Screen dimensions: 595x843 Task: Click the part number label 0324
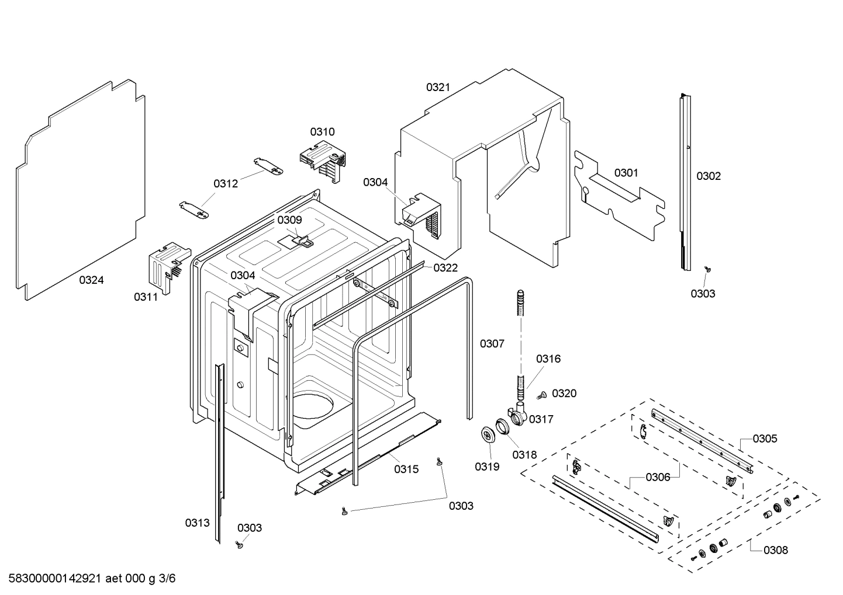click(x=91, y=280)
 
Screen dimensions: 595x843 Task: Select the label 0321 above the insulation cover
click(x=438, y=88)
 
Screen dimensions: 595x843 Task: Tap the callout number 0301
click(x=626, y=173)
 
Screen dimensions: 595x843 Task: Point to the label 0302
click(x=709, y=176)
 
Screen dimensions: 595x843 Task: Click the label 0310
click(x=322, y=132)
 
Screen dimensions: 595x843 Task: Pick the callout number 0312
click(x=226, y=184)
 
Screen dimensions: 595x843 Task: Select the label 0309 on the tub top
click(x=289, y=220)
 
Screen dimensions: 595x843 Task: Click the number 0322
click(x=445, y=267)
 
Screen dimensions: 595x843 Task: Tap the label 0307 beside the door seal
click(x=492, y=344)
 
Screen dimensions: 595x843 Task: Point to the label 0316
click(x=548, y=359)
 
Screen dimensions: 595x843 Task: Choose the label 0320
click(x=564, y=394)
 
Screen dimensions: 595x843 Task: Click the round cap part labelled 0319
click(x=486, y=435)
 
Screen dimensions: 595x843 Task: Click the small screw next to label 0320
click(x=541, y=395)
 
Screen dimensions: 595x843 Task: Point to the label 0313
click(x=197, y=523)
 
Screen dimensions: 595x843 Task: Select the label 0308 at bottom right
click(x=776, y=550)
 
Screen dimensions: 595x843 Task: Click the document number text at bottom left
click(x=89, y=579)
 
